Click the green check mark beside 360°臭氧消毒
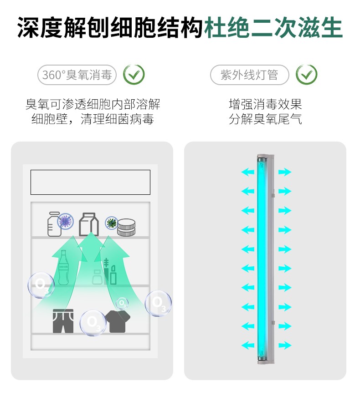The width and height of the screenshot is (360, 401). pos(134,75)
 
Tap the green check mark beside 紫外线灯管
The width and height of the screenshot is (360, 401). pos(307,75)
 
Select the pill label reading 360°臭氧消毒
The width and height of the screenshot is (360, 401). pos(77,75)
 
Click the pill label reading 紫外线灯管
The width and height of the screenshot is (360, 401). pos(250,75)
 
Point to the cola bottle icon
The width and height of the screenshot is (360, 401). pos(63,268)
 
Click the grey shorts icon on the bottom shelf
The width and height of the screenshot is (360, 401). pos(63,321)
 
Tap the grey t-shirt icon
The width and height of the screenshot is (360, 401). pos(118,321)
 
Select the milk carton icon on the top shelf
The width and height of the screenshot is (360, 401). pos(88,224)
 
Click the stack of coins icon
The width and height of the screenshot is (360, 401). pos(126,227)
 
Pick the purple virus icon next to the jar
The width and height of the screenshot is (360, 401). pos(65,221)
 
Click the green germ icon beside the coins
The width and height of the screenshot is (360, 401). pos(112,223)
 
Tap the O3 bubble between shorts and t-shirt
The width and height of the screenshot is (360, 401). pos(93,323)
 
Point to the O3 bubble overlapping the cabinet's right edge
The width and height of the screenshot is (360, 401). pos(158,303)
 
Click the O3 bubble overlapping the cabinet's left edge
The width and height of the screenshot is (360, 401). pos(41,285)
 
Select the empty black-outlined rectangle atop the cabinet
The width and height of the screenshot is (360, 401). pos(90,182)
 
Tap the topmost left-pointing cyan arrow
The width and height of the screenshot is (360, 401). pos(248,172)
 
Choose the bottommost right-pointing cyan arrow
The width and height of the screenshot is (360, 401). pos(285,345)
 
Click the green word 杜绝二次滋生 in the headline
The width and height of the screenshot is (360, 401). pos(273,28)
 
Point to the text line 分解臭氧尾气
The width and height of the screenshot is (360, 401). pos(266,119)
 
